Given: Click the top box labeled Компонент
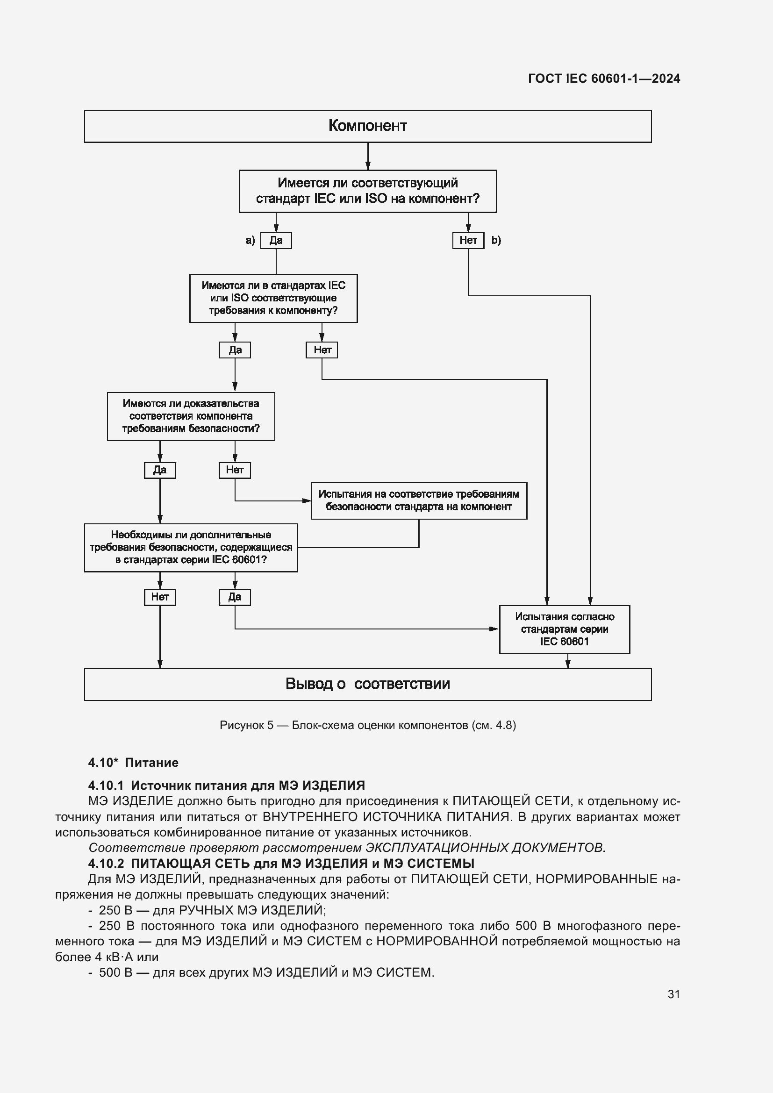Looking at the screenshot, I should coord(367,126).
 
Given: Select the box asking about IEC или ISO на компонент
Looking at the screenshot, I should coord(367,191).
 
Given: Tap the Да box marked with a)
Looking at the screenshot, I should coord(276,240).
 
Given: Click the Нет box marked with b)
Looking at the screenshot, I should coord(468,240).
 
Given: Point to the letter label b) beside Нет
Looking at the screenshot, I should coord(496,240).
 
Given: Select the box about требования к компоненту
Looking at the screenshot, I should coord(273,298).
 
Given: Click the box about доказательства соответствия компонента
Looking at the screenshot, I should coord(191,416).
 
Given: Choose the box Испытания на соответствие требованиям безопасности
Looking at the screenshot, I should coord(418,500).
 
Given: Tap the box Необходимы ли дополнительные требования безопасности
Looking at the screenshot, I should coord(191,548).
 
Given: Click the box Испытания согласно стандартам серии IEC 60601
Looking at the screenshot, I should coord(564,629).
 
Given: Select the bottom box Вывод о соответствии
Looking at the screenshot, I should coord(367,684).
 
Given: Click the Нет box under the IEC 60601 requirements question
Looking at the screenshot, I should coord(160,597).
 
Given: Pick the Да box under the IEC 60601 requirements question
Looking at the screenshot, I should coord(235,597).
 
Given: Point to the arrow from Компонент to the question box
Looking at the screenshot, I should coord(368,156).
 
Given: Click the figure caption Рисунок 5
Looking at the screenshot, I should coord(367,725).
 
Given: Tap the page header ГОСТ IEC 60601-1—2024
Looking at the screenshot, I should coord(603,79).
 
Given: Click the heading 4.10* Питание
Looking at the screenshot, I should coord(133,763).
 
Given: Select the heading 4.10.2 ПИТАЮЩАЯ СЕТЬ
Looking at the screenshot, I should coord(281,863).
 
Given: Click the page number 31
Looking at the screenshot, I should coord(673,994).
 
